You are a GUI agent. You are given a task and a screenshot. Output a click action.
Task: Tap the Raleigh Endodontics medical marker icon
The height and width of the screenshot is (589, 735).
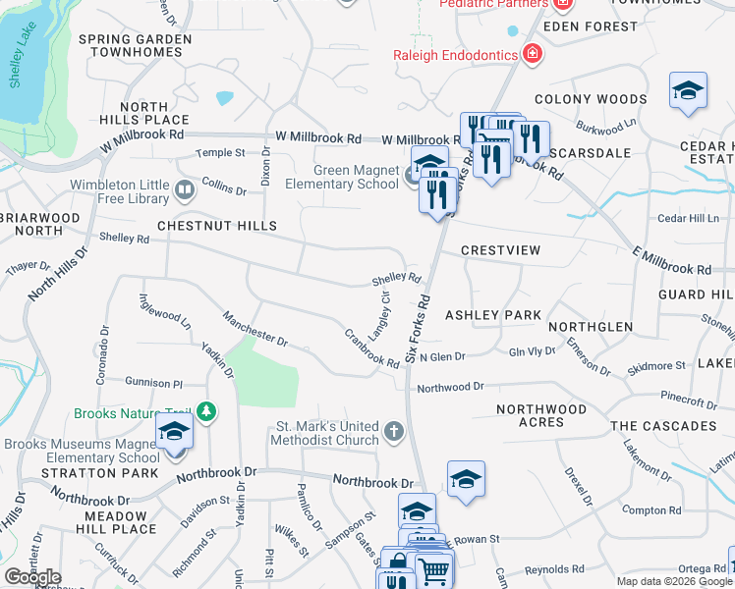click(533, 54)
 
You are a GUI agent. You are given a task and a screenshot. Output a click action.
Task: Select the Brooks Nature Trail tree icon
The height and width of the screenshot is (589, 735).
click(205, 410)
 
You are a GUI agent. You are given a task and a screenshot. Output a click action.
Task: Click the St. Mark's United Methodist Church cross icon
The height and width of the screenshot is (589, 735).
click(393, 431)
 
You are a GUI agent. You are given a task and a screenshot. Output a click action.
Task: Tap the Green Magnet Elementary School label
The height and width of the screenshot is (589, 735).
click(342, 176)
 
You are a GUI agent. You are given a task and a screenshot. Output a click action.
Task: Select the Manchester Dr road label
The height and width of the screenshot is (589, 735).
click(254, 329)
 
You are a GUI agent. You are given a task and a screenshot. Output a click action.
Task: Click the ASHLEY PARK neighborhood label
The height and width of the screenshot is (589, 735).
click(493, 315)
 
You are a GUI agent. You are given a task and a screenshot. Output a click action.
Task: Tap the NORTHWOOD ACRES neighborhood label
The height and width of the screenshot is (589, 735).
click(541, 415)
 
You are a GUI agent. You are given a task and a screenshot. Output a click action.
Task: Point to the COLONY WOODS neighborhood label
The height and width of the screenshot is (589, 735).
click(591, 99)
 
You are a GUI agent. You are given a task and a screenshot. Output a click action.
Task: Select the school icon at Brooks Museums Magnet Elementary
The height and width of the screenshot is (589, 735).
click(174, 433)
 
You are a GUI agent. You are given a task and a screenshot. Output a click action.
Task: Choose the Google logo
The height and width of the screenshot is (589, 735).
click(33, 577)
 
